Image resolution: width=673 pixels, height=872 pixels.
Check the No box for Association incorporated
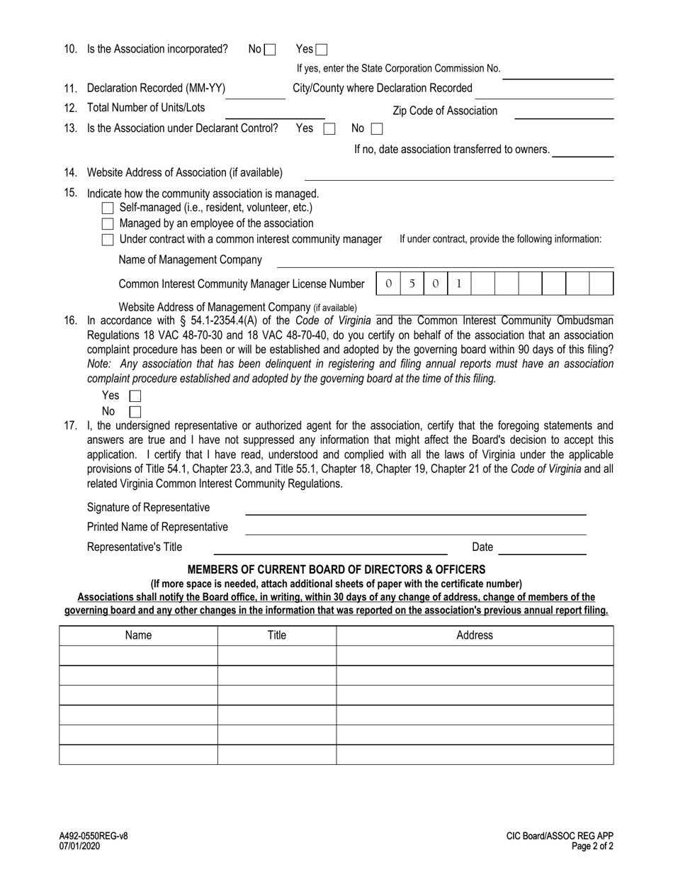click(x=269, y=50)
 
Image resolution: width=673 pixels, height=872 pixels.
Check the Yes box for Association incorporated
click(x=322, y=50)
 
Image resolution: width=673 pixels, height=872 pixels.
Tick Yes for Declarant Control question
click(x=329, y=129)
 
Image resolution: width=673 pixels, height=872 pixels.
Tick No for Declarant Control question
click(x=377, y=129)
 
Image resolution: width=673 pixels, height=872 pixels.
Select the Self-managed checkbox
click(x=108, y=208)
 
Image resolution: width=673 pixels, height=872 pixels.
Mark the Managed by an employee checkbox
click(x=108, y=224)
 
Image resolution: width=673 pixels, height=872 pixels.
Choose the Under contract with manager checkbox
click(x=108, y=240)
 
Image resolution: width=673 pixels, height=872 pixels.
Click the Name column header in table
click(x=138, y=635)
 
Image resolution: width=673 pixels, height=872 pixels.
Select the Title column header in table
click(x=276, y=635)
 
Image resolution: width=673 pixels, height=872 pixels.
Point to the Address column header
click(x=474, y=635)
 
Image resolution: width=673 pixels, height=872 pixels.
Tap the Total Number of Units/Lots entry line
click(x=274, y=112)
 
